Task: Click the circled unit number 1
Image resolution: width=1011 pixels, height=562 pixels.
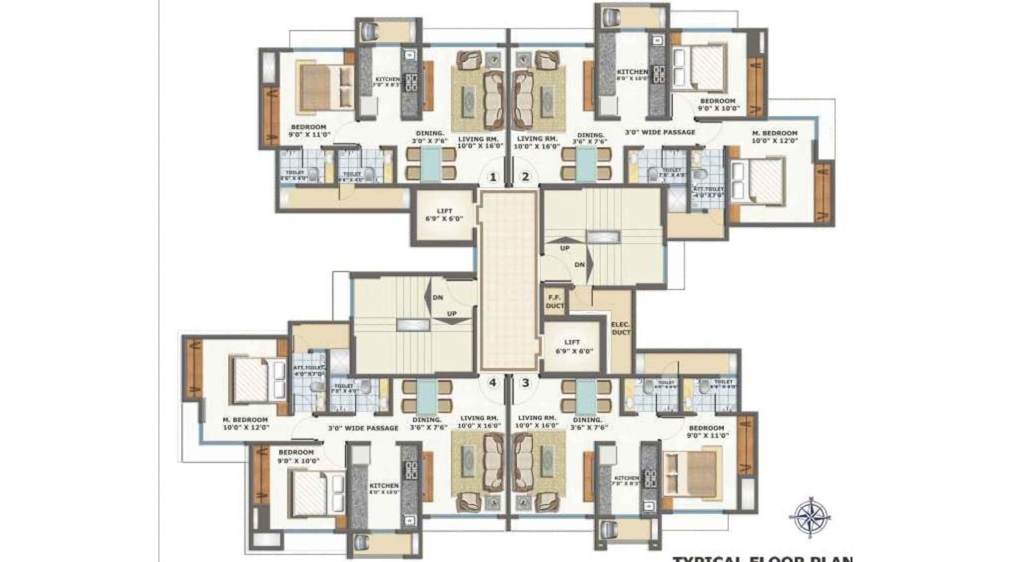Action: (x=493, y=177)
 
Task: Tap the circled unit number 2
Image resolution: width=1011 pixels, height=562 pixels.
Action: (x=524, y=177)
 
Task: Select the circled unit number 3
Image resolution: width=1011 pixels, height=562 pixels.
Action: (x=525, y=382)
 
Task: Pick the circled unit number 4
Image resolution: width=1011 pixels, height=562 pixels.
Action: (x=492, y=382)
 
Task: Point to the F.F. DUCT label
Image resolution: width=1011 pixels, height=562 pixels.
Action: (x=555, y=301)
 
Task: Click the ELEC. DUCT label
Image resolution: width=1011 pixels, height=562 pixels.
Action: (x=621, y=329)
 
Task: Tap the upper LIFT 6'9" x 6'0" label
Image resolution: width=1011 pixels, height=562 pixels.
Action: (x=444, y=215)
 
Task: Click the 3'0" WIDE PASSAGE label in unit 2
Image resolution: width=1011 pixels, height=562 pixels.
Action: (x=660, y=132)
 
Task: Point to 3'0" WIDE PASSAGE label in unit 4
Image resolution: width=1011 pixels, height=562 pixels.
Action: (x=363, y=428)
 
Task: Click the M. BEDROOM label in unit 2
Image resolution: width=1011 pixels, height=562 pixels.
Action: (x=774, y=137)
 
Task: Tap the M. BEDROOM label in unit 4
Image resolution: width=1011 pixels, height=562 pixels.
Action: (x=246, y=423)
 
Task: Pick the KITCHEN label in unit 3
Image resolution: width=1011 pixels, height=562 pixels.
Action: (x=626, y=481)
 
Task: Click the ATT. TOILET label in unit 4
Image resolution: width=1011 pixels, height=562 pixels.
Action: (x=308, y=370)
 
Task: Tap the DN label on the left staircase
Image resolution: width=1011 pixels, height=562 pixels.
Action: (x=437, y=297)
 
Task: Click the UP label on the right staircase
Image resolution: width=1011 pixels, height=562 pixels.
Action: (x=564, y=248)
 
